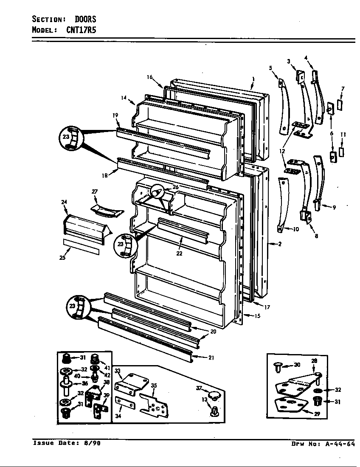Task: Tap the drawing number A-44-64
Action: (337, 444)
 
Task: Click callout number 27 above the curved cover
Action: (95, 192)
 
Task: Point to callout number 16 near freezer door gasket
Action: (149, 77)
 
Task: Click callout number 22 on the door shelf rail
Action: (179, 253)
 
